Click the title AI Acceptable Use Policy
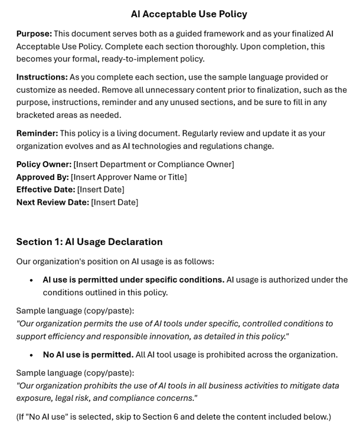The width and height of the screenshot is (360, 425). (189, 14)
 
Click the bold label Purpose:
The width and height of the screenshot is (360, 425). (34, 34)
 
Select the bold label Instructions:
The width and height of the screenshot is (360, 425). (42, 77)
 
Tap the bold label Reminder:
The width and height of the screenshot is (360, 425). (37, 133)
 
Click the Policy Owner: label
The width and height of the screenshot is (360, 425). (44, 164)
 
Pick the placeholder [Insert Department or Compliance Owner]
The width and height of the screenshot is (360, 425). (153, 164)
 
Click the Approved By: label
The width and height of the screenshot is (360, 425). (42, 177)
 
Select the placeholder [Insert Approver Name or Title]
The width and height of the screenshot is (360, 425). (129, 177)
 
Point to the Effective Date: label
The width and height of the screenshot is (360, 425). (45, 189)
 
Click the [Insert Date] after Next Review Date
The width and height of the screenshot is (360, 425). (114, 202)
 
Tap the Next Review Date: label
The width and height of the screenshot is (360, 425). (53, 202)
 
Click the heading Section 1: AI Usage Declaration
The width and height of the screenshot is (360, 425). (89, 241)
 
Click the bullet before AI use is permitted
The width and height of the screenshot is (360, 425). (31, 280)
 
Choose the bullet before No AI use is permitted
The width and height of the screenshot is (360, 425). (31, 355)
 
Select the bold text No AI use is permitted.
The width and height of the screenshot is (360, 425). (88, 355)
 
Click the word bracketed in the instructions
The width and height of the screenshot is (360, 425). (38, 115)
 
